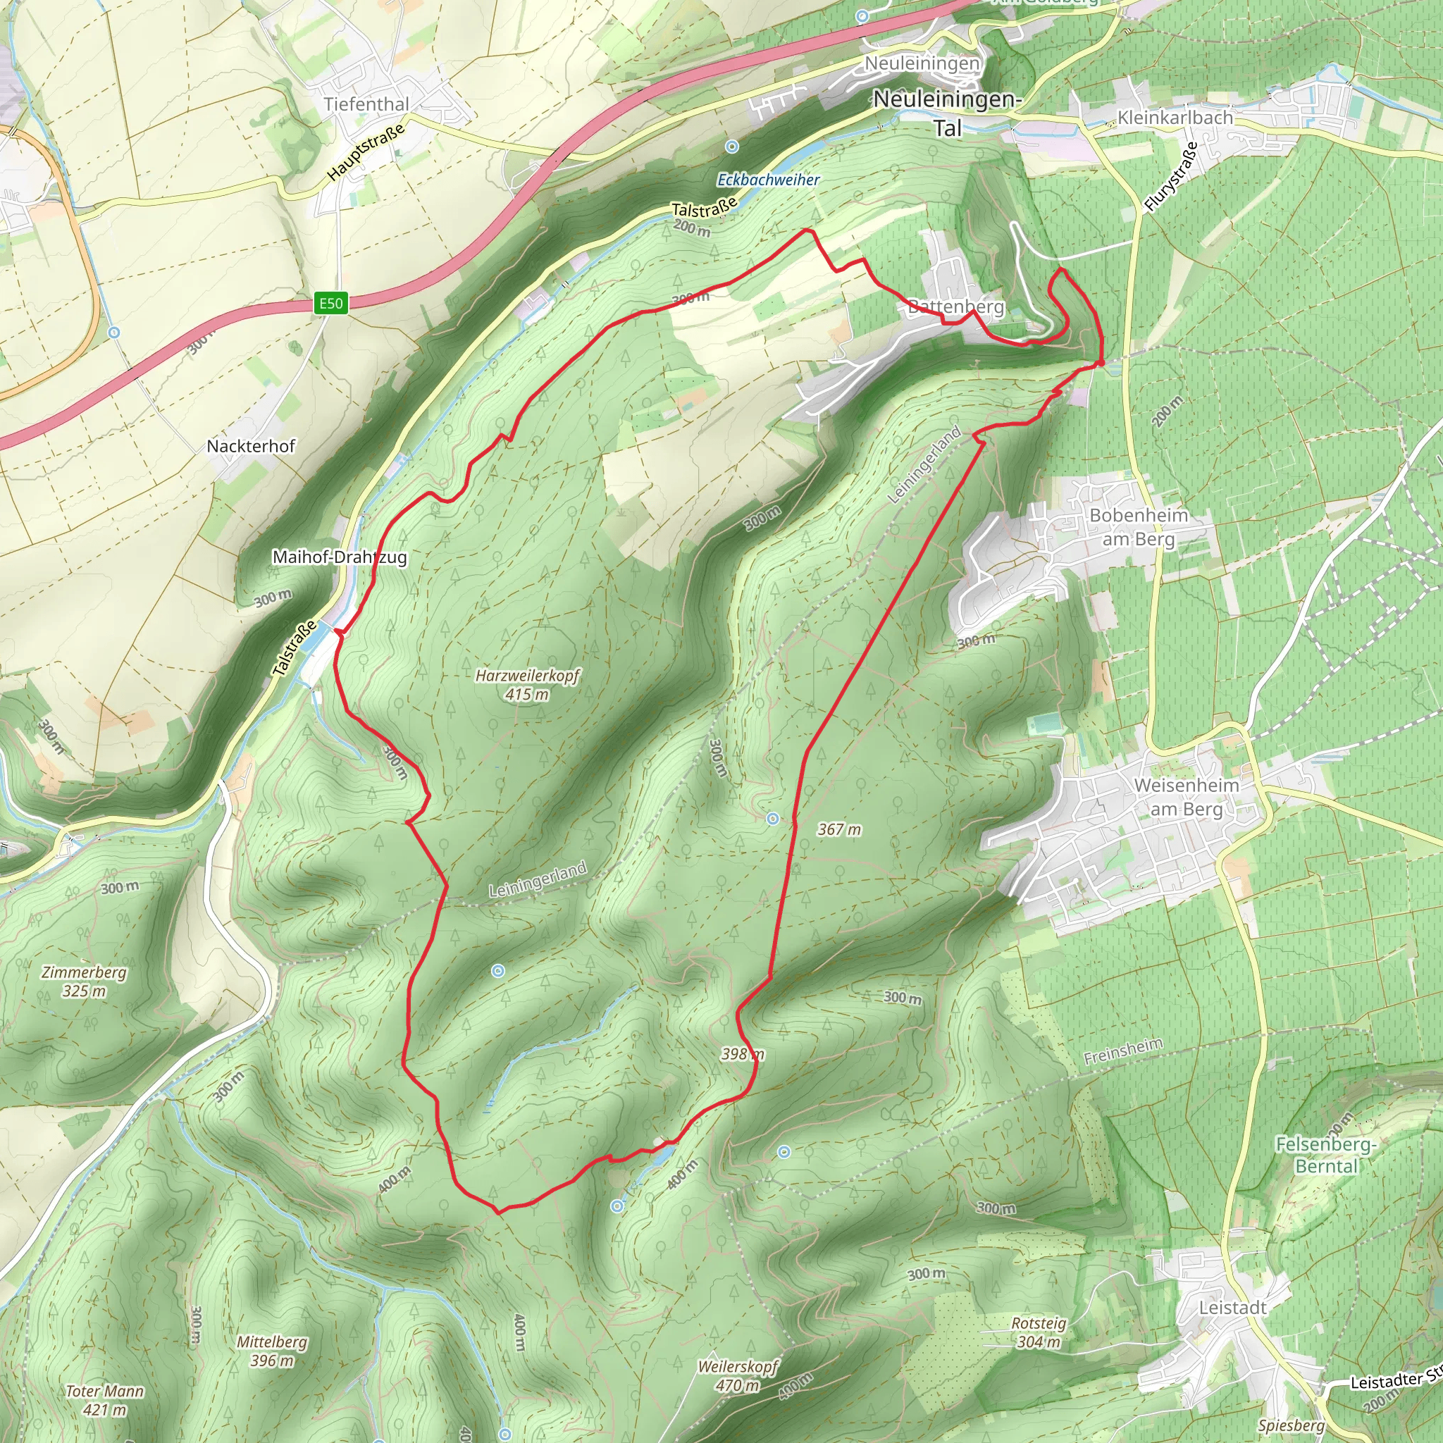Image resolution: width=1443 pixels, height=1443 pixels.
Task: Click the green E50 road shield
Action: coord(331,303)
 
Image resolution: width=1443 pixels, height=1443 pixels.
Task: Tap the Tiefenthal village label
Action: coord(366,104)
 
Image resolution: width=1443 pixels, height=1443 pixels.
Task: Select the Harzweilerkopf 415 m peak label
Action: coord(527,685)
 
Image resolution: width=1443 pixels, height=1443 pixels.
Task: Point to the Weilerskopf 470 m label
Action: coord(738,1376)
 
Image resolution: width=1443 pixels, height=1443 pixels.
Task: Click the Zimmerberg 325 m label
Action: coord(84,981)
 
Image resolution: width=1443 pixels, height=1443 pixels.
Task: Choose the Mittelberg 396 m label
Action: coord(272,1351)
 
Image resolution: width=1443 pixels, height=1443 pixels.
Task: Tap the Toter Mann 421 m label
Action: coord(104,1401)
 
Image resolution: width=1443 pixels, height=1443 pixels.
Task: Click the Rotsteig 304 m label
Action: coord(1038,1332)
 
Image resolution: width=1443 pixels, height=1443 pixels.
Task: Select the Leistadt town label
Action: coord(1232,1308)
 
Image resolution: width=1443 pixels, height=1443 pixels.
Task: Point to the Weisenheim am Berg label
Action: coord(1186,797)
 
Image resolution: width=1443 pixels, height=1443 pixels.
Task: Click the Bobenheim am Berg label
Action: coord(1139,526)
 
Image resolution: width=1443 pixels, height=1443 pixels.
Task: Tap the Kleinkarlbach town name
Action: coord(1174,117)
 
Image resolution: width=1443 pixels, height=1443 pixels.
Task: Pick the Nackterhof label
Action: coord(251,446)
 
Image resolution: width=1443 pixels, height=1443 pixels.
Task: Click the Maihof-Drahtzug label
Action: coord(340,557)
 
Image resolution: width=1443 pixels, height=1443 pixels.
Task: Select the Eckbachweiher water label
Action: coord(768,180)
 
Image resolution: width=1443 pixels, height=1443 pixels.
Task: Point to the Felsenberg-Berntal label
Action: coord(1326,1155)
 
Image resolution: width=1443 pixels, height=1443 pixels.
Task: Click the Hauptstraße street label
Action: coord(366,151)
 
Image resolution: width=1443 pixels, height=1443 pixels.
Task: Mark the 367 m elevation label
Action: coord(838,829)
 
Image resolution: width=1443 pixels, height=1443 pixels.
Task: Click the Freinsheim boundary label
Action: coord(1122,1052)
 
